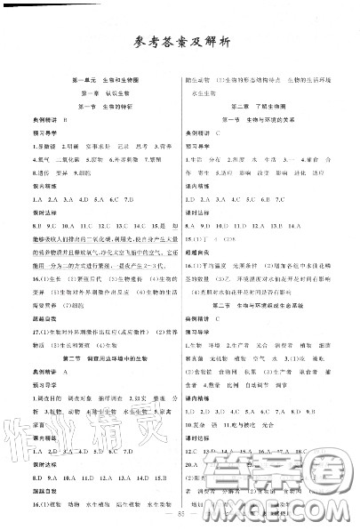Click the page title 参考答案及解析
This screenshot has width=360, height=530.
click(180, 41)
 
